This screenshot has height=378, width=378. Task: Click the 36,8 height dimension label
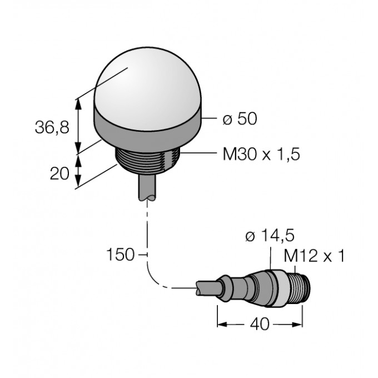[52, 127]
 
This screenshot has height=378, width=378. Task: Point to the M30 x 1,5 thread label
[261, 155]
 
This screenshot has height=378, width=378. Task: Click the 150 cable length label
[120, 255]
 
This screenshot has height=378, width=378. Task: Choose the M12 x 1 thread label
[314, 256]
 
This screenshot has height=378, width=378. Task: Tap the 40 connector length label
[260, 324]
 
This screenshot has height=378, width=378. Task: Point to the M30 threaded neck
[148, 162]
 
